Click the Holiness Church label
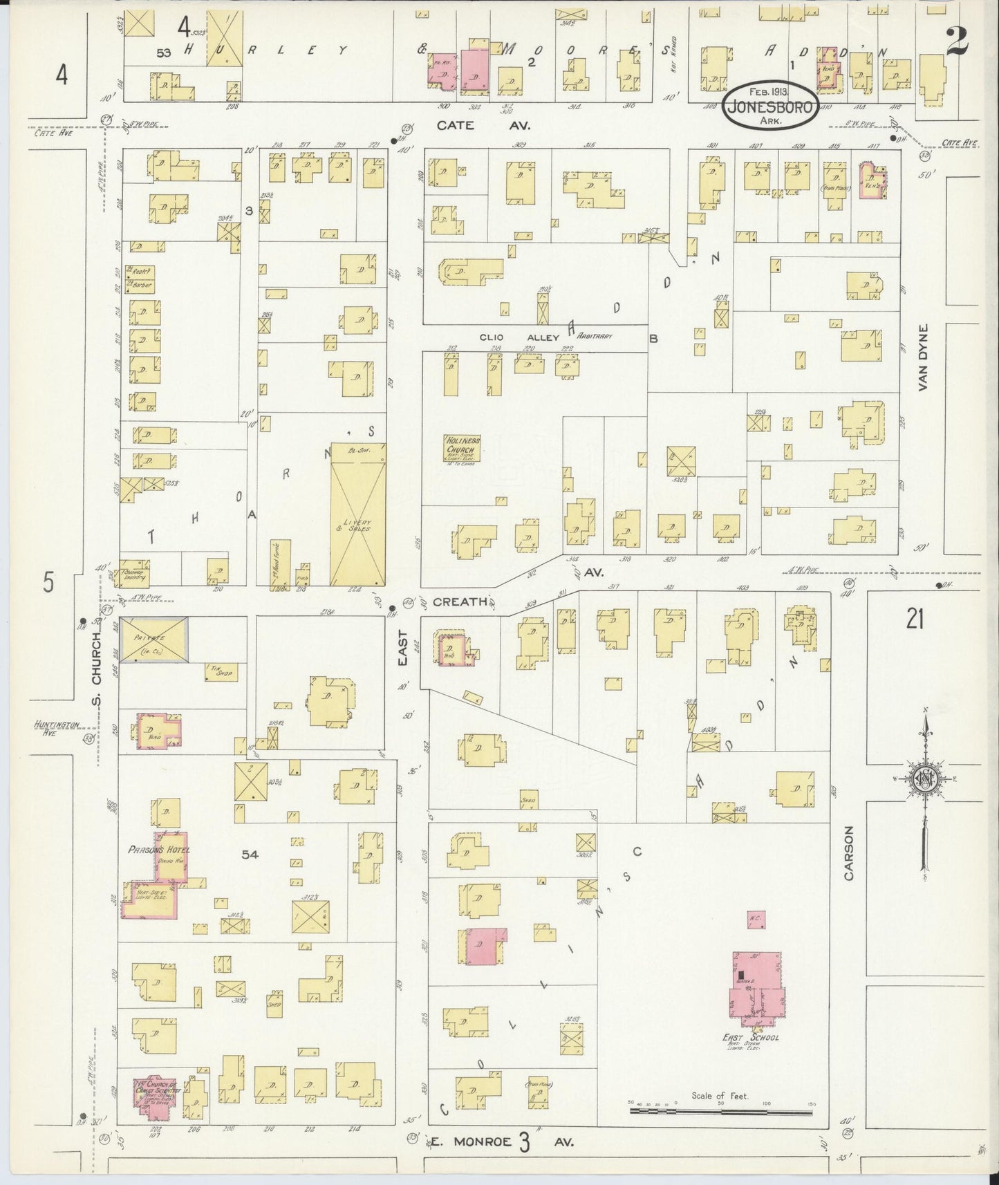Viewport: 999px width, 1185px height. pos(463,445)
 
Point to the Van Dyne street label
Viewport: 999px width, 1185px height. pos(924,358)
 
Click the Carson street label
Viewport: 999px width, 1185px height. pos(848,853)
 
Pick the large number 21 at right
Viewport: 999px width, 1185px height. pos(915,621)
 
